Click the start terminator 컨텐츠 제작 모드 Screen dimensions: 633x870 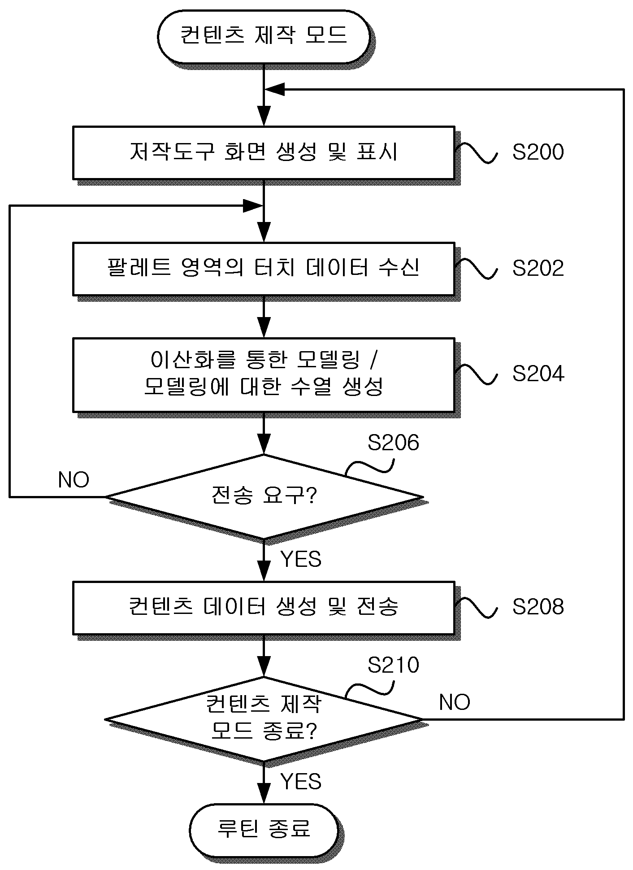(x=264, y=37)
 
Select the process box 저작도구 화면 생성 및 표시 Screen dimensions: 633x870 (x=264, y=152)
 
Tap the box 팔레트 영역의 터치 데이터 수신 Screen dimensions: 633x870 (x=264, y=269)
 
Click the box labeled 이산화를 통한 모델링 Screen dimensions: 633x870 (x=264, y=374)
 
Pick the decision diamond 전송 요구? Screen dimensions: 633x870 (x=264, y=496)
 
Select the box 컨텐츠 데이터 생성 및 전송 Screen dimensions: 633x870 (x=264, y=608)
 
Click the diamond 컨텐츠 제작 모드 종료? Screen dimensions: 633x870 (x=264, y=719)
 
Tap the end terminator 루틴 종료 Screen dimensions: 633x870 (x=264, y=829)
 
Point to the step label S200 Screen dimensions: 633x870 (x=538, y=152)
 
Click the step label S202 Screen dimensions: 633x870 (x=538, y=268)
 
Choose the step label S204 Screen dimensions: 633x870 (x=538, y=374)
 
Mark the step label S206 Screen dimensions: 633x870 (x=393, y=443)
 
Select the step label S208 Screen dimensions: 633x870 (x=538, y=607)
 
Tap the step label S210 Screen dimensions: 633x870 (x=393, y=665)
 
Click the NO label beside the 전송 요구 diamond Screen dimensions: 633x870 (x=74, y=480)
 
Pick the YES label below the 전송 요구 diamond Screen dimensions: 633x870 (x=301, y=559)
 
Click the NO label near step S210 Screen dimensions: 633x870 (x=454, y=702)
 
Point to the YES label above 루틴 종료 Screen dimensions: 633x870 (x=301, y=782)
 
